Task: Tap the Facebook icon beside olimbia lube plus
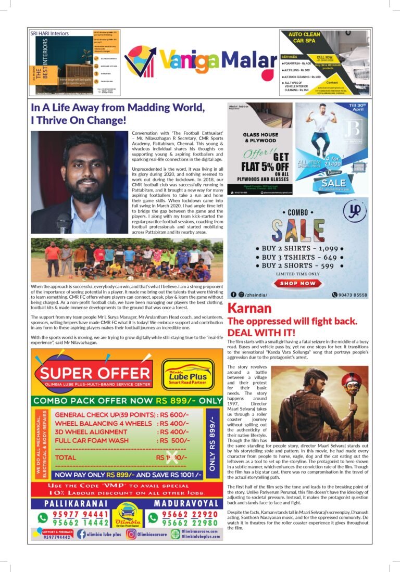coord(82,534)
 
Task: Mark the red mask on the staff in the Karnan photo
coord(351,385)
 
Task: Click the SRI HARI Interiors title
coord(49,34)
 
